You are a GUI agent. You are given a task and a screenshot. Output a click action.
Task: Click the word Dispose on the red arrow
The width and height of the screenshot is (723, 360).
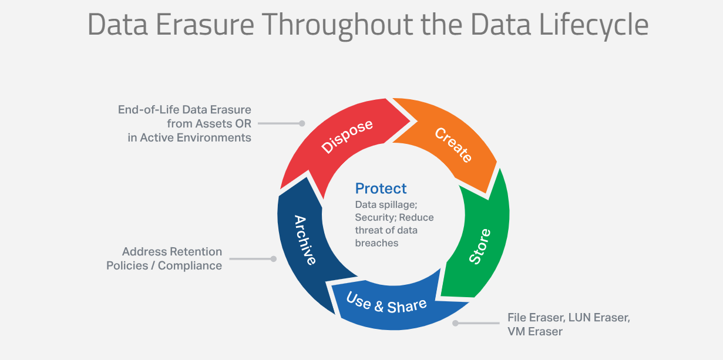tap(347, 136)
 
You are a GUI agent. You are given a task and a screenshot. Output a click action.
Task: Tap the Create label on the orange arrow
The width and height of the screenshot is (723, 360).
tap(453, 145)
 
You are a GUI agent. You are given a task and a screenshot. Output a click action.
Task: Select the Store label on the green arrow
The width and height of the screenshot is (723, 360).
tap(480, 246)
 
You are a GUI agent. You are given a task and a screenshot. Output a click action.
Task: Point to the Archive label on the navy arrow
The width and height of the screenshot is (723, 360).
tap(305, 240)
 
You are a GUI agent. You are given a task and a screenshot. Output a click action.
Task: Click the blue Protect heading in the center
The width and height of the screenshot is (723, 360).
tap(381, 189)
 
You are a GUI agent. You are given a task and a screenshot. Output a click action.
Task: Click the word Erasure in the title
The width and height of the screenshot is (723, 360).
tap(205, 25)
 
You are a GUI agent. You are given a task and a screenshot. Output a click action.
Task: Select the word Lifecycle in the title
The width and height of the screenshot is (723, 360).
tap(594, 25)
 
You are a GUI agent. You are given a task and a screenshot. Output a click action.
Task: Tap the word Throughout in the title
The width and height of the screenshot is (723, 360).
tap(337, 26)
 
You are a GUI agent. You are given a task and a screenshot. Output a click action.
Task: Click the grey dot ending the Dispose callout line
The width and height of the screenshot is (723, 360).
tap(302, 123)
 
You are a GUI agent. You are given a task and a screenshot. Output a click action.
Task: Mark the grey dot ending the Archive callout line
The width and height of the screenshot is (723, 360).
tap(273, 258)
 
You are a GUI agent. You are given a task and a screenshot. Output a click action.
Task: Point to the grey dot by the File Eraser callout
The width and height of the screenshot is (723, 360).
tap(455, 323)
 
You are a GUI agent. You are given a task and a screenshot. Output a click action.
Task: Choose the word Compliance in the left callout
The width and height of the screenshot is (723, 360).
tap(190, 265)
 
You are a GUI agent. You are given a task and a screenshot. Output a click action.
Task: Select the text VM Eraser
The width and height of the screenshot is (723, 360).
tap(535, 332)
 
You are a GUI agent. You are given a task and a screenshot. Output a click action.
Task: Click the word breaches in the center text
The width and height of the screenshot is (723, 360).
tap(376, 243)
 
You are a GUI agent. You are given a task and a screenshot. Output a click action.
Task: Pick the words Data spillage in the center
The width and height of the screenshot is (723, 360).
tap(386, 205)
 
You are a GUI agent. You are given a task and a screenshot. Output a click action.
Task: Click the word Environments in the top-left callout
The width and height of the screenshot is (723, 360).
tap(214, 137)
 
